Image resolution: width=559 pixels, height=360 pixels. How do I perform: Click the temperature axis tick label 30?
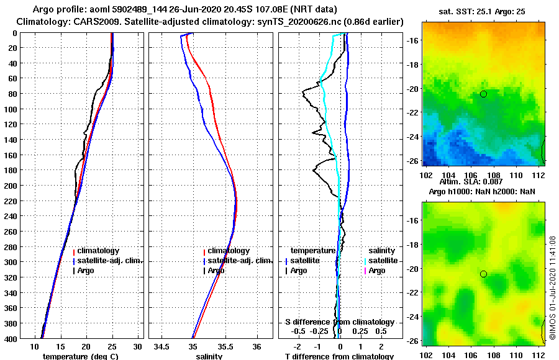(x=138, y=346)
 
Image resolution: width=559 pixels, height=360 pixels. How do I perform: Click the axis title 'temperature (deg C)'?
(x=80, y=356)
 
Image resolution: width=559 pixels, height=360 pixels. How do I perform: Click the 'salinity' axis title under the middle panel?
(x=209, y=356)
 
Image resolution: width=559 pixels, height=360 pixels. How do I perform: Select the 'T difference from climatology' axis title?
(x=339, y=356)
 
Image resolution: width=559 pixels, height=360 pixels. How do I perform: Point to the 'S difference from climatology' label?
(x=339, y=322)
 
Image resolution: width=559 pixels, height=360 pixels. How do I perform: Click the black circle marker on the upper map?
(x=483, y=94)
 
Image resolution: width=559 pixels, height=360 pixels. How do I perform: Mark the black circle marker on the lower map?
(x=483, y=274)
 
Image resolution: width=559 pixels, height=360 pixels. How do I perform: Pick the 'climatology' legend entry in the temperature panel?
(x=99, y=251)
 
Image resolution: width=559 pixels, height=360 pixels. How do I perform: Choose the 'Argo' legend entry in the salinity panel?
(x=216, y=271)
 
